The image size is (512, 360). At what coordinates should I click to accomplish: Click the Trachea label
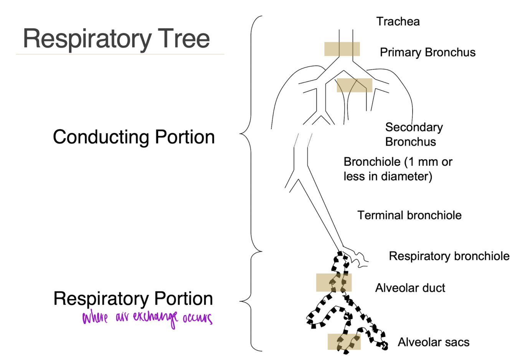398,21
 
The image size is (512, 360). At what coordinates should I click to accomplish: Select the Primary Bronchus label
428,52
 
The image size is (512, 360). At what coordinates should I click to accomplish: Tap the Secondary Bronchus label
414,134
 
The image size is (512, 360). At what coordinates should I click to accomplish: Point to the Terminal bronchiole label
409,215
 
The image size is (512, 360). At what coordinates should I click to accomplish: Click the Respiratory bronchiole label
449,256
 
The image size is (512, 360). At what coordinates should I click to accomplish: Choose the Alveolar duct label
410,288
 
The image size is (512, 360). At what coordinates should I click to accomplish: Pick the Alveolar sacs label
433,342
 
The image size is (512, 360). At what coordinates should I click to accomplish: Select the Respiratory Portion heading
133,299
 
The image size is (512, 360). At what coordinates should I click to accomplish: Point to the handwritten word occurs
197,318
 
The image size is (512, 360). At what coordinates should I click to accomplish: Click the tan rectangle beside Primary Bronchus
342,49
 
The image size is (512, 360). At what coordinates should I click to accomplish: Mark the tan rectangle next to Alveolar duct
334,282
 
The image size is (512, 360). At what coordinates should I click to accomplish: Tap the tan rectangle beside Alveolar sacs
344,342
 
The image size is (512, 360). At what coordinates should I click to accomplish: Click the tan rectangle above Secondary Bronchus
354,85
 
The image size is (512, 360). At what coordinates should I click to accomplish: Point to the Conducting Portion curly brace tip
240,134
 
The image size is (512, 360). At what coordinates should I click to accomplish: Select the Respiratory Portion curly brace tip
240,301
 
